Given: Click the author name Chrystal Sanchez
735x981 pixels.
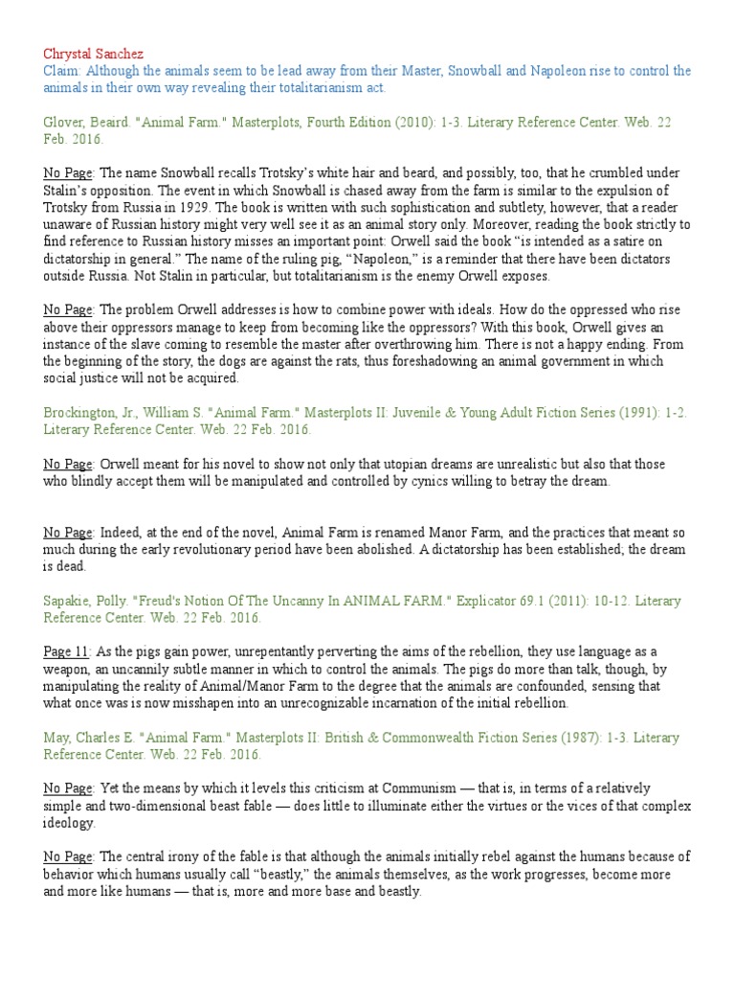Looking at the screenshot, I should pos(94,53).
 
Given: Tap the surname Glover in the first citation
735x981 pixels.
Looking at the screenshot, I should pos(64,122).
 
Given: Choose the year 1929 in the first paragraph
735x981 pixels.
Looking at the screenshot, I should pos(204,207).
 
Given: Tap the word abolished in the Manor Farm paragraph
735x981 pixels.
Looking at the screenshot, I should pos(420,549).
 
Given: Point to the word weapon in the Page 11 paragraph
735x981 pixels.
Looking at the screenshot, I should pos(71,669).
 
